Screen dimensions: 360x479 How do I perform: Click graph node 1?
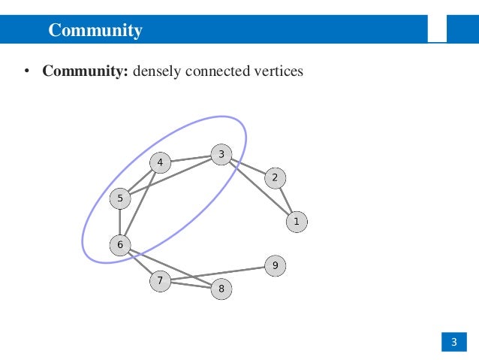tap(297, 222)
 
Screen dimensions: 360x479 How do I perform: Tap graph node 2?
tap(275, 178)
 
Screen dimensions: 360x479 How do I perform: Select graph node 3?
tap(221, 156)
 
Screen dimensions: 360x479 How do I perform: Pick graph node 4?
tap(160, 162)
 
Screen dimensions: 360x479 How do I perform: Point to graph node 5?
tap(120, 199)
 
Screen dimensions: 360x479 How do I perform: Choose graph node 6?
tap(120, 244)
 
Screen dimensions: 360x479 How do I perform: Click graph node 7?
tap(160, 281)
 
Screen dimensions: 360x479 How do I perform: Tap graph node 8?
tap(221, 288)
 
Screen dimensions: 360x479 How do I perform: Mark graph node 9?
tap(275, 265)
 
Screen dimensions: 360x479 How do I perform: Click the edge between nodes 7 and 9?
tap(218, 274)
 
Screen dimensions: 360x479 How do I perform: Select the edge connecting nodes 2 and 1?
tap(286, 200)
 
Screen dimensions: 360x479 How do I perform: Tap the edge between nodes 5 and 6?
tap(120, 222)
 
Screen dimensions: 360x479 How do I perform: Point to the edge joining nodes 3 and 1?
tap(259, 189)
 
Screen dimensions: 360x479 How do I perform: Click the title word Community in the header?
tap(95, 31)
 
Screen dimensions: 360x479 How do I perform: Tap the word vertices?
tap(279, 73)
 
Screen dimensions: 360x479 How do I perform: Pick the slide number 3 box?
tap(453, 343)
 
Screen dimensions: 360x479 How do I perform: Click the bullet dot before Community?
tap(26, 74)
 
